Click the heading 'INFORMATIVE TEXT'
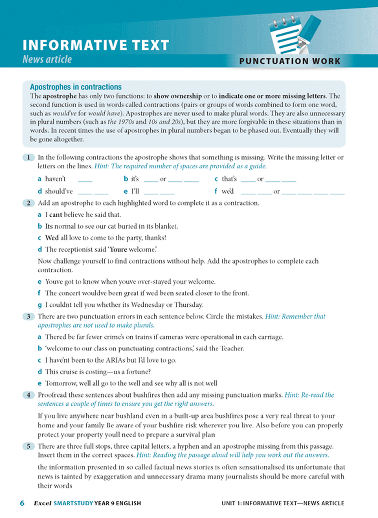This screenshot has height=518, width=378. point(96,45)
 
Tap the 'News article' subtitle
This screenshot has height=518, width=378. point(47,59)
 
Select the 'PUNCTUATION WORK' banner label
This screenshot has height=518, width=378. point(289,62)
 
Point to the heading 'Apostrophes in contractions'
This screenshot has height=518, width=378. point(76,87)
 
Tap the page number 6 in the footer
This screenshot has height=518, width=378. point(22,503)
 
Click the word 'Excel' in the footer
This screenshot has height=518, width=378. point(42,503)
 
